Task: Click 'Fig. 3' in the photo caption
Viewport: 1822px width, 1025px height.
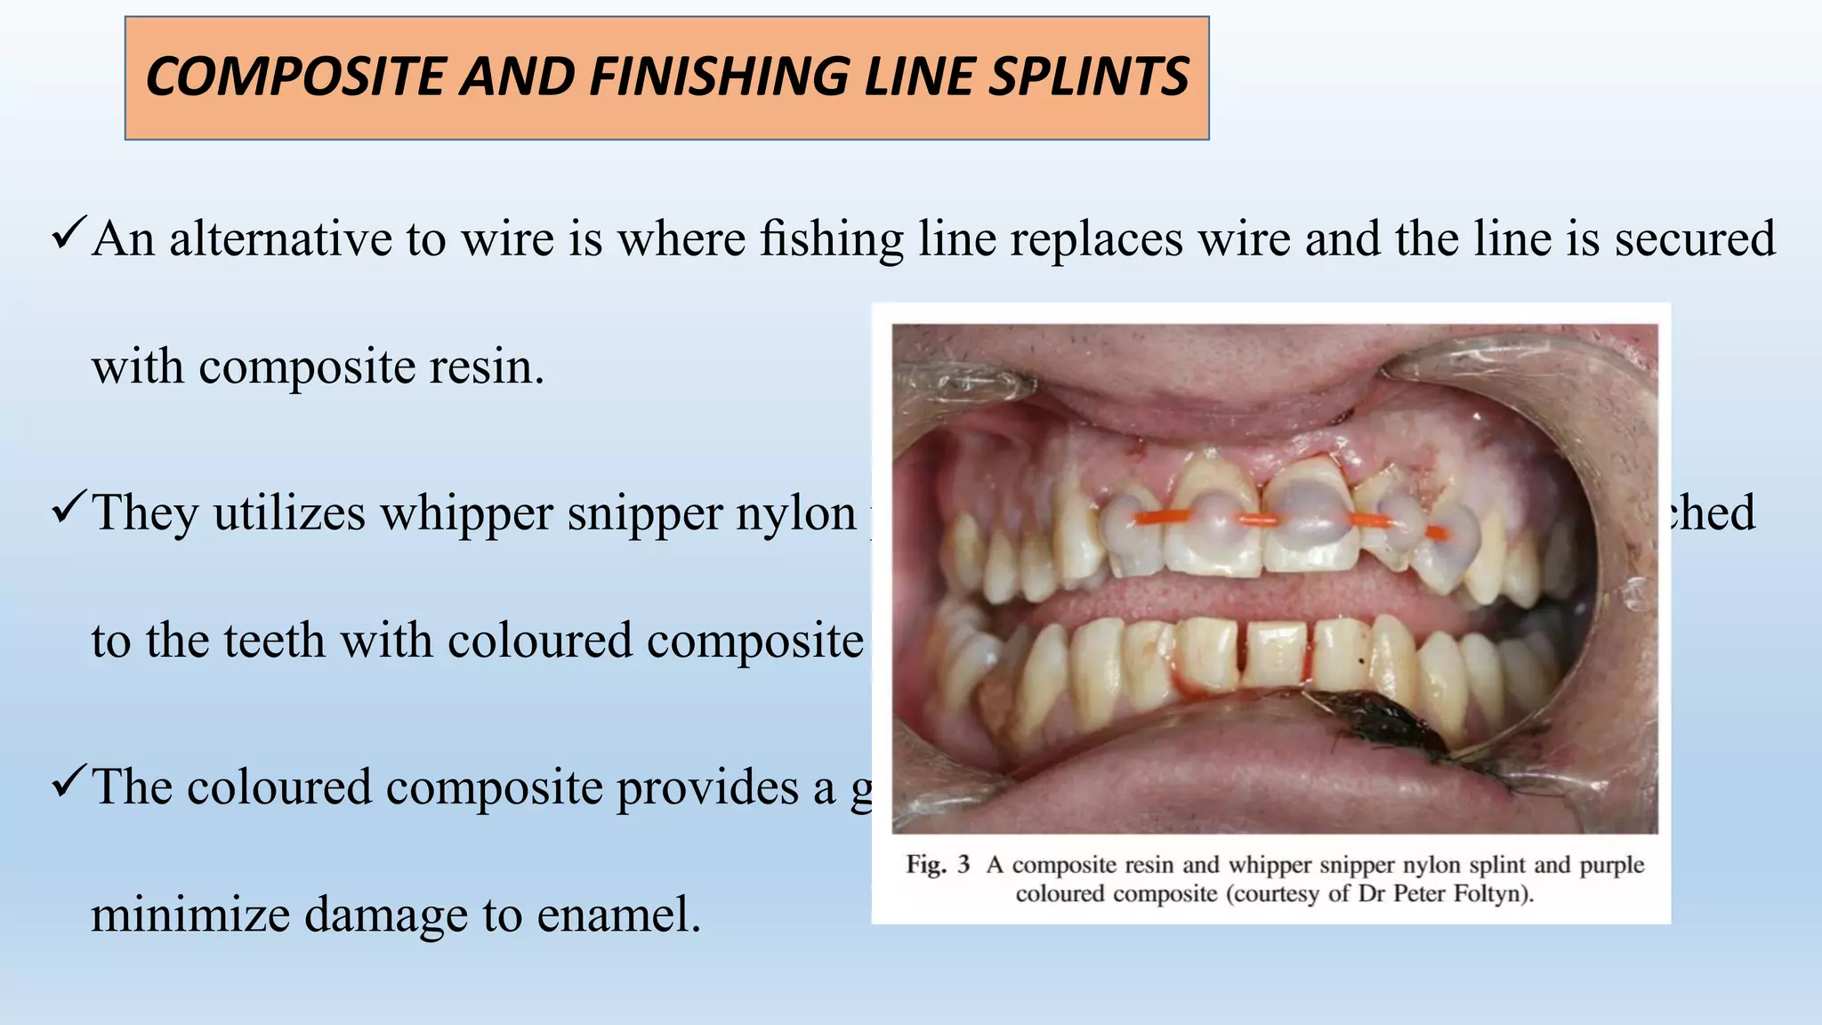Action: pyautogui.click(x=937, y=865)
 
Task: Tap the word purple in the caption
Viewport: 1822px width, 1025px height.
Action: pyautogui.click(x=1611, y=866)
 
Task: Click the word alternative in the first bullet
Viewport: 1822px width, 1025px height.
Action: pyautogui.click(x=280, y=238)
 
